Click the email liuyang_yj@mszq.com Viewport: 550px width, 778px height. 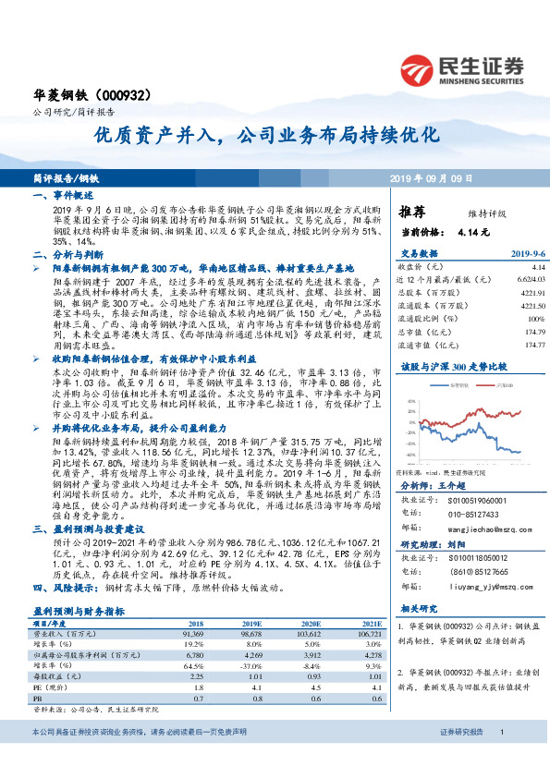[471, 585]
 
